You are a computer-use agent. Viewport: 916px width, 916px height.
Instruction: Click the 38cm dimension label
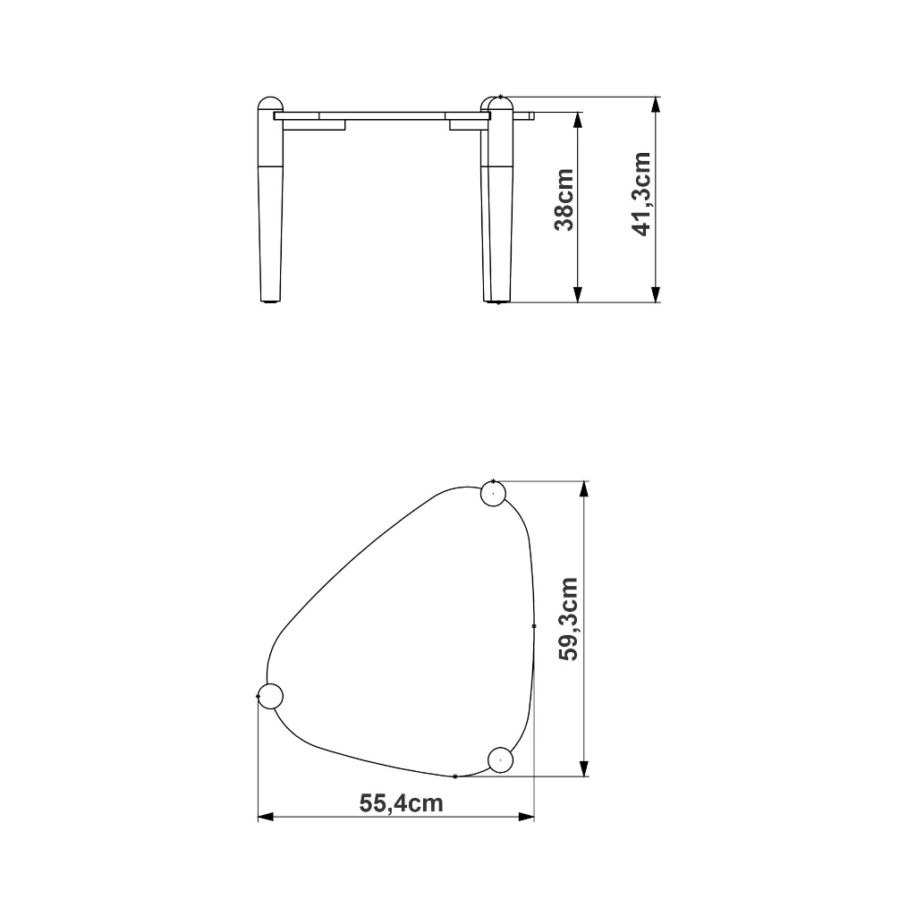(x=564, y=199)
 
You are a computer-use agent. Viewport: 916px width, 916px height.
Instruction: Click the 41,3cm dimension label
(x=642, y=194)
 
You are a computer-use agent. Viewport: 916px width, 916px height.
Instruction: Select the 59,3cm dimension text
(x=568, y=619)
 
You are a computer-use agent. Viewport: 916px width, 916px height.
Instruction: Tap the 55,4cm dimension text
(x=401, y=803)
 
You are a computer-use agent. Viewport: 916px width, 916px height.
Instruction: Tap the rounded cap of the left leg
(x=270, y=104)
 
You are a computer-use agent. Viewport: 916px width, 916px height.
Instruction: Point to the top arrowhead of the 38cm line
(x=578, y=120)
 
